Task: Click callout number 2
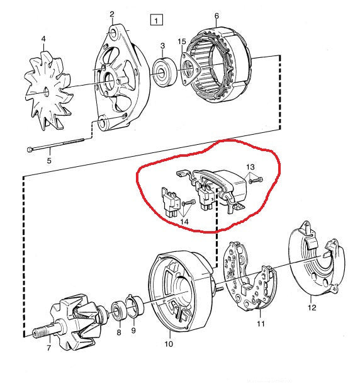click(x=111, y=14)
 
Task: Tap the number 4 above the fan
click(x=43, y=39)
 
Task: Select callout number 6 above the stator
click(x=216, y=16)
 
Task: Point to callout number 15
click(x=181, y=42)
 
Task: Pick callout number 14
click(x=185, y=222)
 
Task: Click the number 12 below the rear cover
click(x=312, y=308)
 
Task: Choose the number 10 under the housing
click(x=168, y=344)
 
